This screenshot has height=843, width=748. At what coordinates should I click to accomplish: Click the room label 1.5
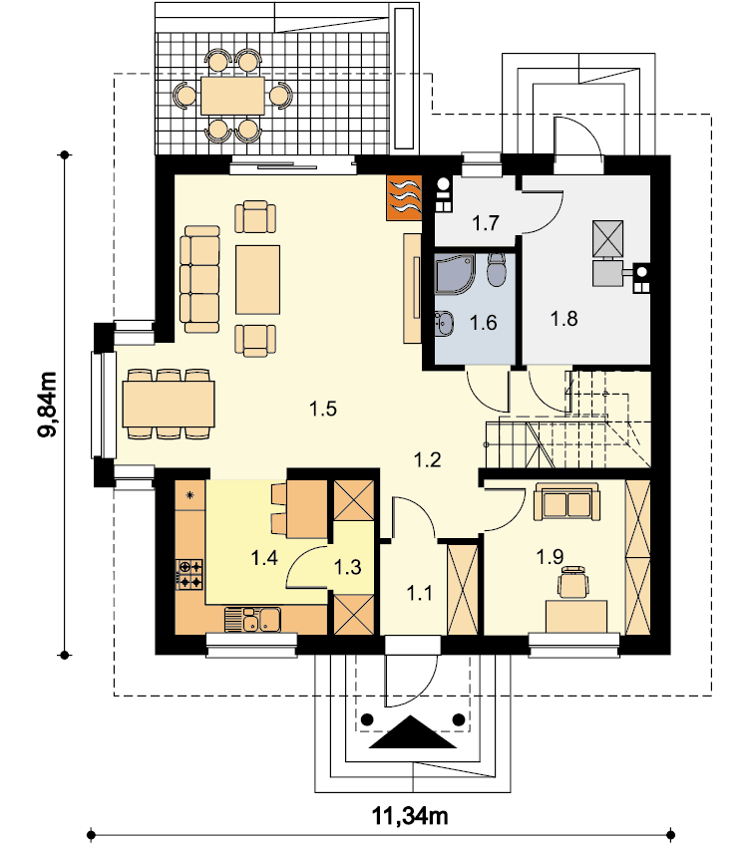[323, 410]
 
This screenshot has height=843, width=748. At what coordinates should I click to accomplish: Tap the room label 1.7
[486, 222]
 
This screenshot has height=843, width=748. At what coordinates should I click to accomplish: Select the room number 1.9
[550, 557]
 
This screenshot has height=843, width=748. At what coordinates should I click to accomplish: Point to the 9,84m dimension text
[48, 405]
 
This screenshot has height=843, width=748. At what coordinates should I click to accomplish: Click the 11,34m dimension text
[410, 815]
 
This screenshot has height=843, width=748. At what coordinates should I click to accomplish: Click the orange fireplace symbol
[404, 197]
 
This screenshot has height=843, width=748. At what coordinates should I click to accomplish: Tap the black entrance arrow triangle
[413, 731]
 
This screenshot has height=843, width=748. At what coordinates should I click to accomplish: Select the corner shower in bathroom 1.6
[456, 274]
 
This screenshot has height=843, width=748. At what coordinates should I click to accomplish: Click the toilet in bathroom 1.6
[496, 270]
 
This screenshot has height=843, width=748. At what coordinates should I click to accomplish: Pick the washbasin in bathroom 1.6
[445, 323]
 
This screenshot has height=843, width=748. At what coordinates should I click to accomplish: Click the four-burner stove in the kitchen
[189, 574]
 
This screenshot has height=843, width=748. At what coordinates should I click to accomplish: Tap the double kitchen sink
[252, 620]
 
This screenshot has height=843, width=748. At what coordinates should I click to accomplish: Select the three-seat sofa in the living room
[200, 279]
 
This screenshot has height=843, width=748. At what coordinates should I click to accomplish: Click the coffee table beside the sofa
[257, 280]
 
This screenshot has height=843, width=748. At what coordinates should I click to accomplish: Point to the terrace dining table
[233, 96]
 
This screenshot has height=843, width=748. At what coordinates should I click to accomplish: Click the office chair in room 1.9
[573, 582]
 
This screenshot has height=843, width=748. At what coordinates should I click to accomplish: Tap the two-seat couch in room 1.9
[566, 502]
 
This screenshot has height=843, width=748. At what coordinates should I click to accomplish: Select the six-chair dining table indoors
[169, 405]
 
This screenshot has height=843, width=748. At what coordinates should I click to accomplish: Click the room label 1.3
[347, 567]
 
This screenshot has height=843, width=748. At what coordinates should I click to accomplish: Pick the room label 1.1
[419, 594]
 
